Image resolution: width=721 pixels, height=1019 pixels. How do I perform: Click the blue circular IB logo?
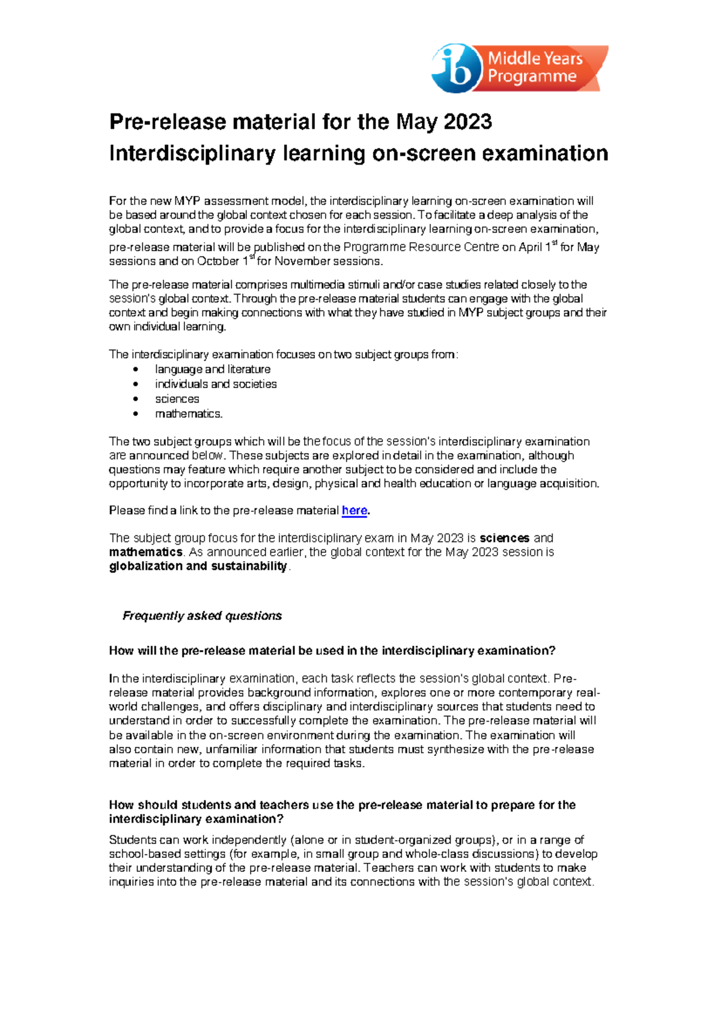[457, 69]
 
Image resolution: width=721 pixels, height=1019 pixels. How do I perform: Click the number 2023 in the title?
[467, 122]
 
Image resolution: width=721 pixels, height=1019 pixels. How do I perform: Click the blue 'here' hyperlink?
[354, 511]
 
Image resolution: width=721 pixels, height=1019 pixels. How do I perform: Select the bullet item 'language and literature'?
[213, 370]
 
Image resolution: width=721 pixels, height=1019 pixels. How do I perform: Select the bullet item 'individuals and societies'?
[216, 384]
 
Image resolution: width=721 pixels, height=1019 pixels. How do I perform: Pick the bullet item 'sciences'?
[177, 399]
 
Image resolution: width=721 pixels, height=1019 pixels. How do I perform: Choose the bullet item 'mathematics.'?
[189, 414]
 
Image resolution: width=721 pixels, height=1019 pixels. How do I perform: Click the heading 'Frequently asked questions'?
[202, 616]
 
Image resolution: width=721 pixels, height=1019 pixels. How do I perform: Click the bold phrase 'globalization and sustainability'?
[198, 566]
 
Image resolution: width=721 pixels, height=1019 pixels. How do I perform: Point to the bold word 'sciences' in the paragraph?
[504, 538]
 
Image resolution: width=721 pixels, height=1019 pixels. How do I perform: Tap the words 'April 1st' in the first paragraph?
[538, 247]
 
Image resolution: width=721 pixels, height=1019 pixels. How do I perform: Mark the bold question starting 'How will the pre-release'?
[332, 651]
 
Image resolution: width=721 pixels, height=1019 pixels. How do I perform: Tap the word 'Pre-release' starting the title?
[168, 122]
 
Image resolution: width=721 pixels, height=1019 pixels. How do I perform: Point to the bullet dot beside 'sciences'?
[136, 399]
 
